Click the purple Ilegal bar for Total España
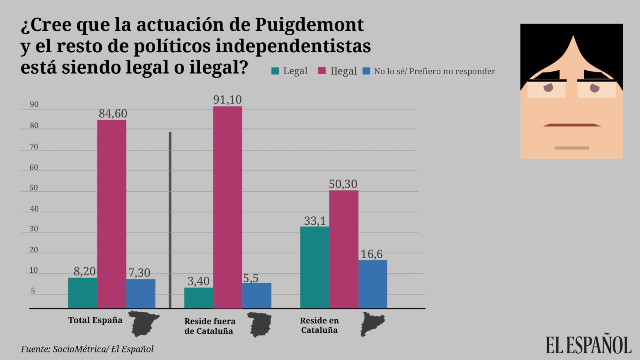tap(112, 214)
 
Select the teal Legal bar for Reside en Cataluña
tap(315, 267)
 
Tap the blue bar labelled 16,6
tap(373, 284)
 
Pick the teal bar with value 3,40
tap(198, 298)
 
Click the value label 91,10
tap(227, 100)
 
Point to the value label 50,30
tap(343, 184)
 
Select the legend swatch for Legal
tap(275, 71)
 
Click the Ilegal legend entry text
tap(343, 71)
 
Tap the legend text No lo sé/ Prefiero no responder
tap(434, 71)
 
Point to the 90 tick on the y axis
tap(34, 105)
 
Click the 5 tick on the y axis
tap(33, 291)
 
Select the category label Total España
tap(95, 320)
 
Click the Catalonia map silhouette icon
tap(372, 324)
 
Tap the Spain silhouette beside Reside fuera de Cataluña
tap(260, 325)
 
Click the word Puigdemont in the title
tap(309, 25)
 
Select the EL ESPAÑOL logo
tap(588, 345)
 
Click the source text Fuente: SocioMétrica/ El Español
tap(87, 349)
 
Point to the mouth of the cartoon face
tap(572, 125)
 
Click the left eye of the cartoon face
tap(548, 88)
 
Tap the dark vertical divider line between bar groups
tap(170, 219)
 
